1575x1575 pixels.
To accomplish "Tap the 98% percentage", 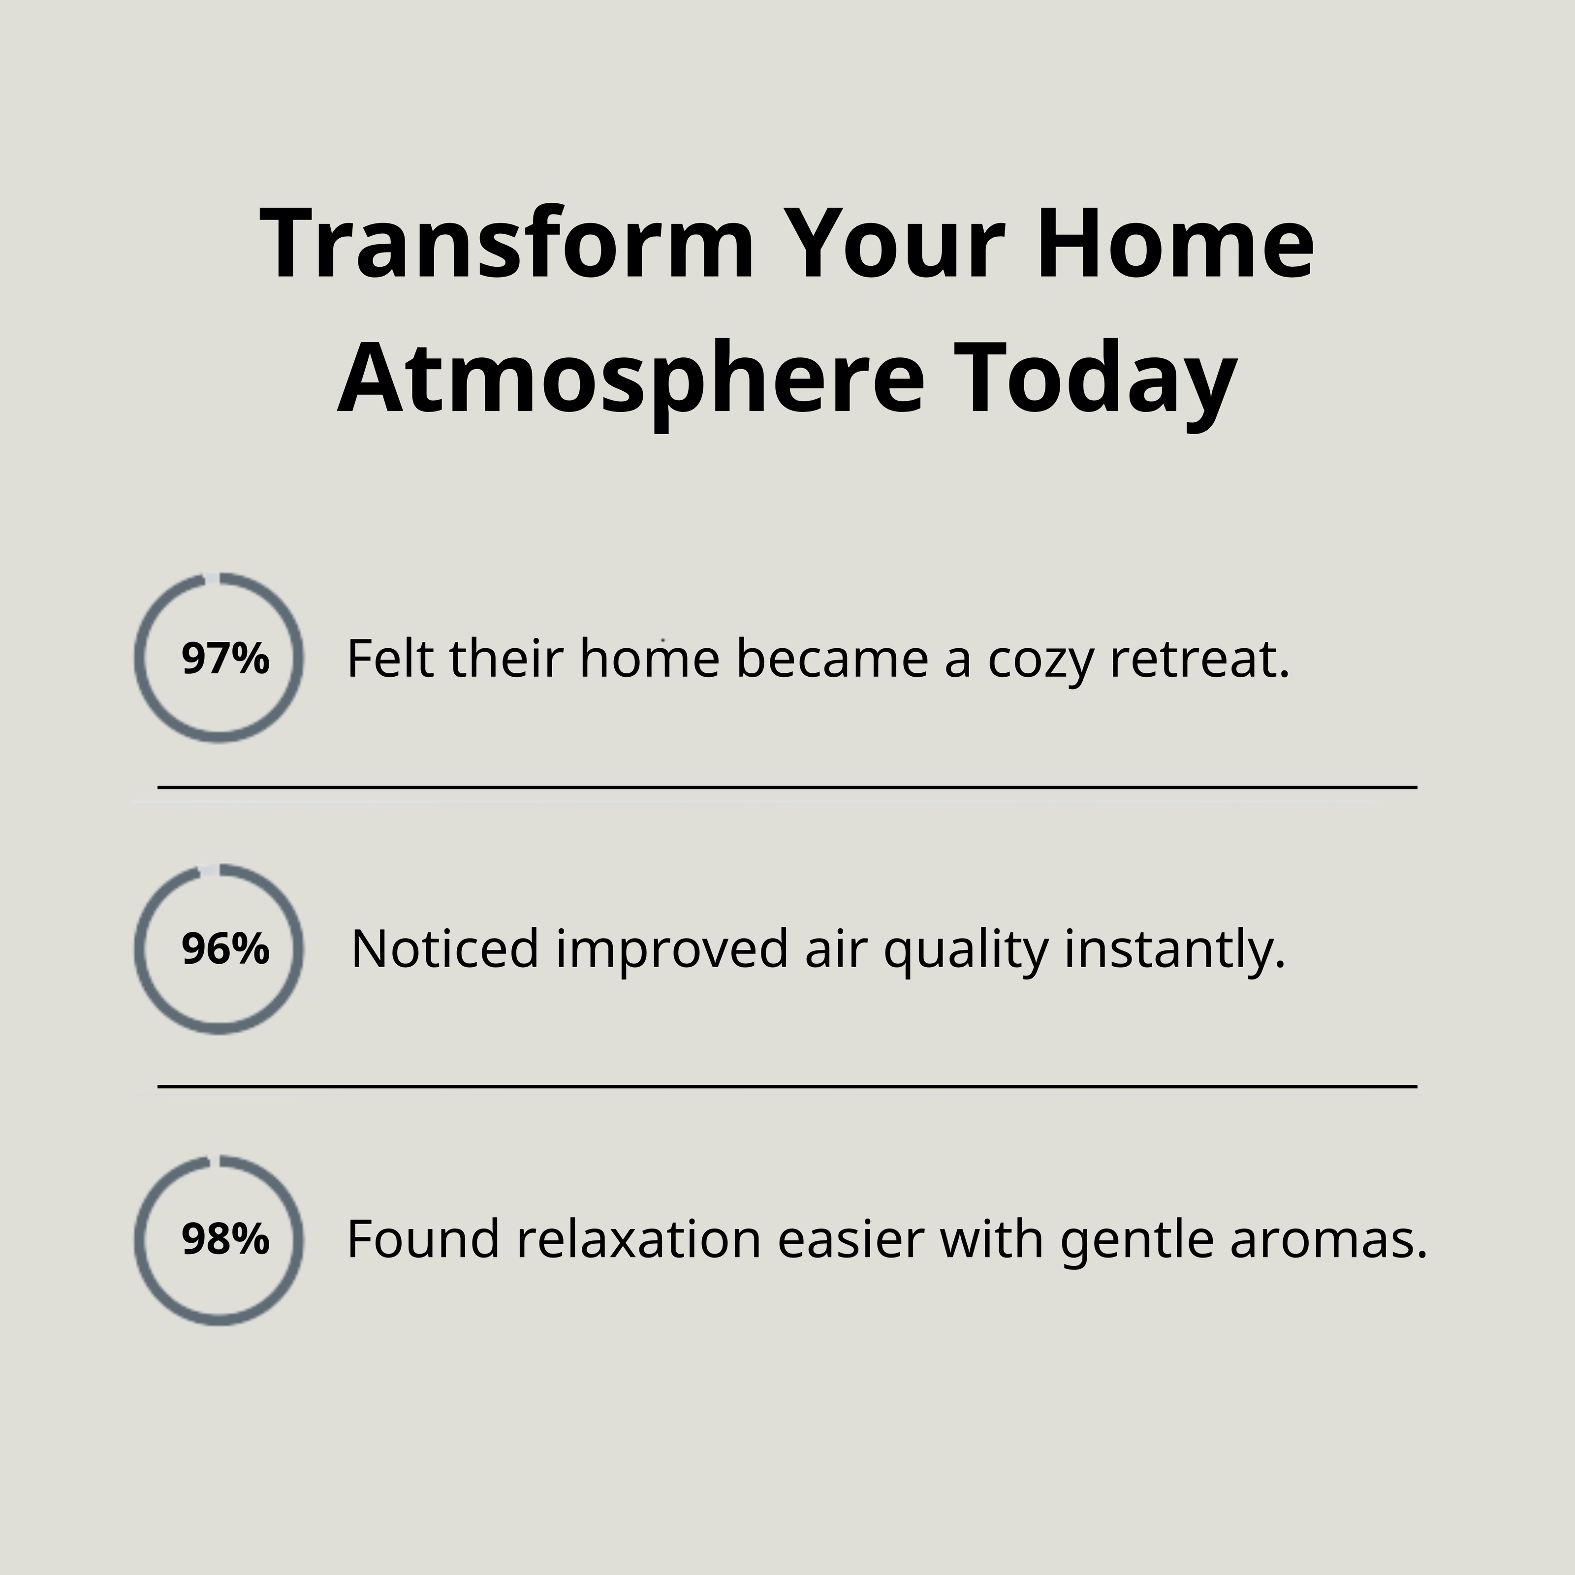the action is pos(225,1239).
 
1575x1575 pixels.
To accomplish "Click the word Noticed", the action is pos(444,948).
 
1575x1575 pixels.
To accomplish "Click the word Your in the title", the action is pos(893,244).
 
